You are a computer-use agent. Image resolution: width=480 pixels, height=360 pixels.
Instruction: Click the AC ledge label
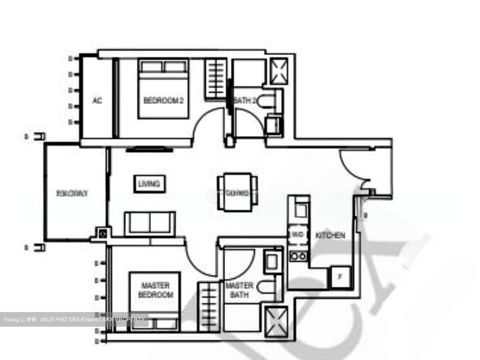[97, 100]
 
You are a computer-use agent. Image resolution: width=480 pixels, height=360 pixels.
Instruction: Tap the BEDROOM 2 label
[163, 100]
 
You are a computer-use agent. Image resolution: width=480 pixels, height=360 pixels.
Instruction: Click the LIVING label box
[149, 183]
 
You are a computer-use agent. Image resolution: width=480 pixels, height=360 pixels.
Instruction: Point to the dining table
[238, 192]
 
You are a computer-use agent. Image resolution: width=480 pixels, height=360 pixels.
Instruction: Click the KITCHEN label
[330, 235]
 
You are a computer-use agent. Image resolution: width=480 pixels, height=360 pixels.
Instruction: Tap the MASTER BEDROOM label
[156, 290]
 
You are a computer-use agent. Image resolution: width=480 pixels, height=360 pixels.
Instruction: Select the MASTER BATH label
[239, 290]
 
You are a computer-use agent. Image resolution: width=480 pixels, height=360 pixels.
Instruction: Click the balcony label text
[72, 193]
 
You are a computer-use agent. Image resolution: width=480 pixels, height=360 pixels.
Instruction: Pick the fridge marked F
[340, 277]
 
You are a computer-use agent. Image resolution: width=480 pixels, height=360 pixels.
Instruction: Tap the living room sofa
[150, 223]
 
